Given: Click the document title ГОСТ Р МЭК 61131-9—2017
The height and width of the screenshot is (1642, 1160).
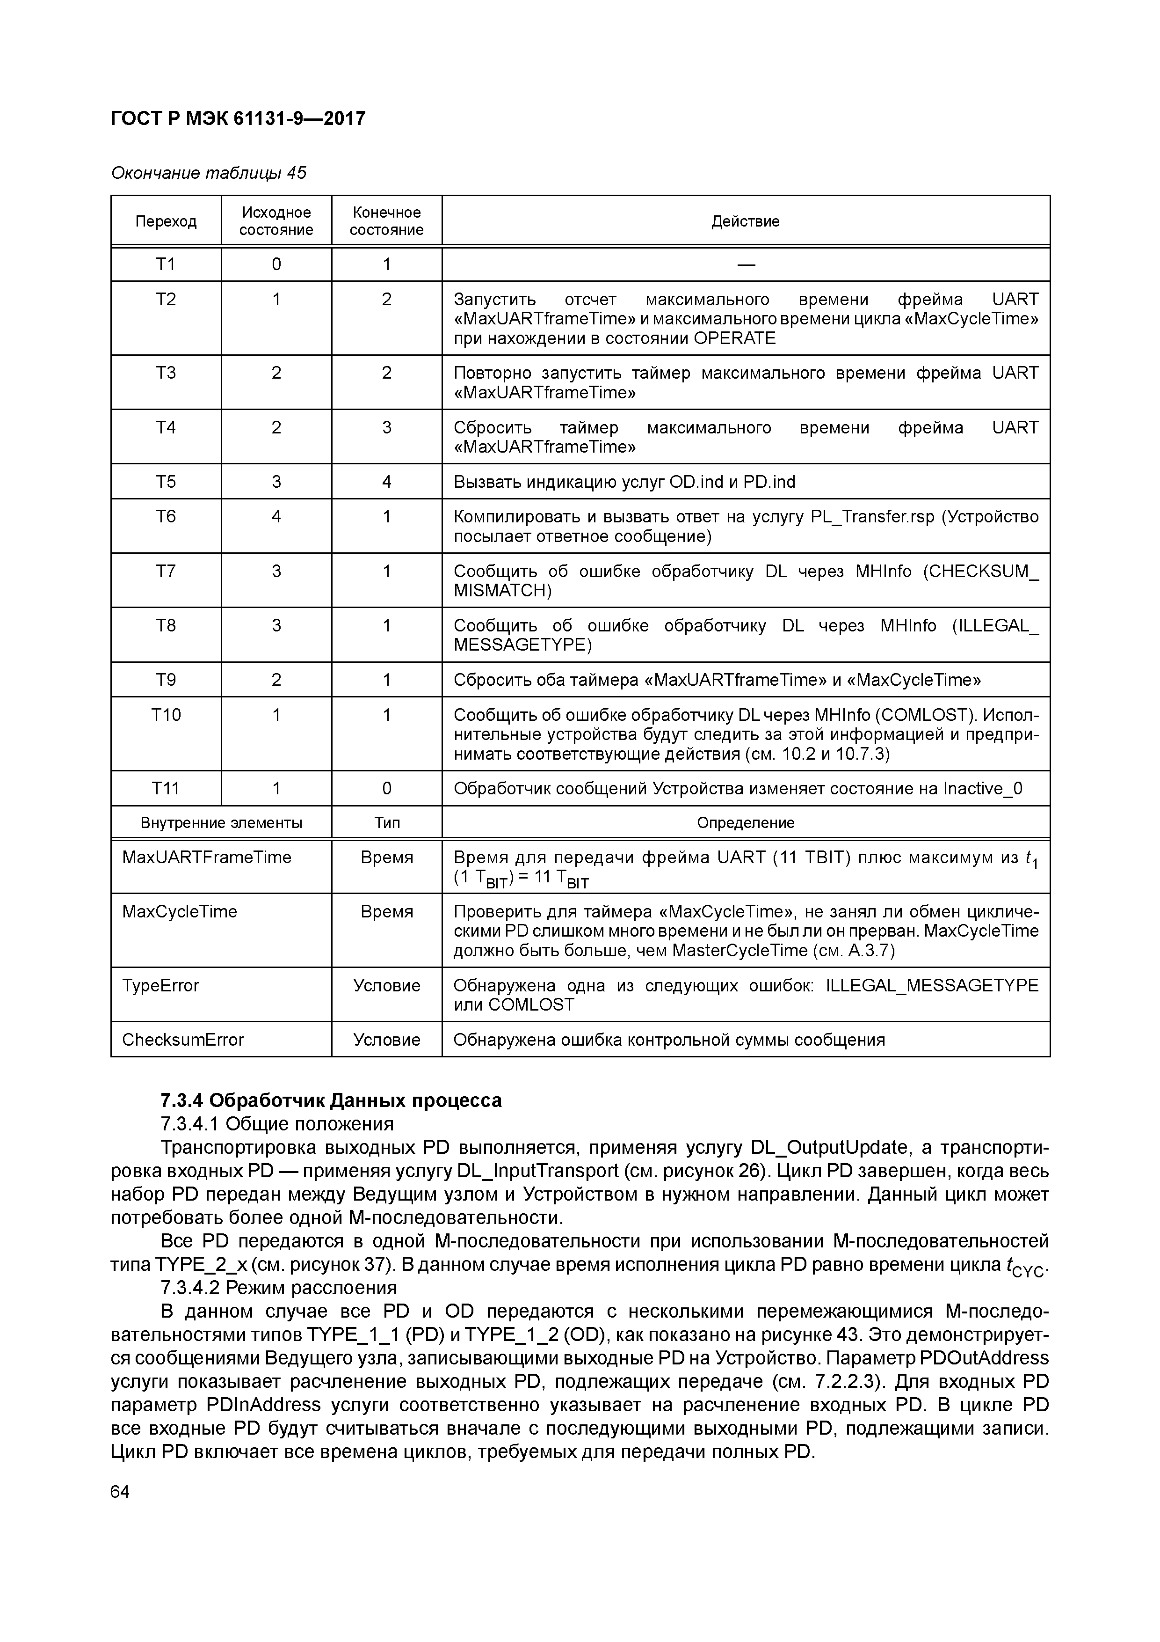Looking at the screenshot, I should coord(238,118).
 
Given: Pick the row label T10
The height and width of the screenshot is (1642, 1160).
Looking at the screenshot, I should coord(166,714).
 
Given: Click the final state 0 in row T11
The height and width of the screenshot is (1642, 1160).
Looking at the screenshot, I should coord(387,789).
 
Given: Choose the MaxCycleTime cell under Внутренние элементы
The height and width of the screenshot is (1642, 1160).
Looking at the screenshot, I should coord(180,912).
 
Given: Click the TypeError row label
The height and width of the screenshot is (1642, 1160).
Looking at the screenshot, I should coord(161,985).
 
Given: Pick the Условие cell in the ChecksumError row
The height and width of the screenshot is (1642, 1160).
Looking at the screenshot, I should coord(387,1040).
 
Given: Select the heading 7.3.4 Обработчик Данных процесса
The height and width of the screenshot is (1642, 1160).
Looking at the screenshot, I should coord(331,1100).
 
